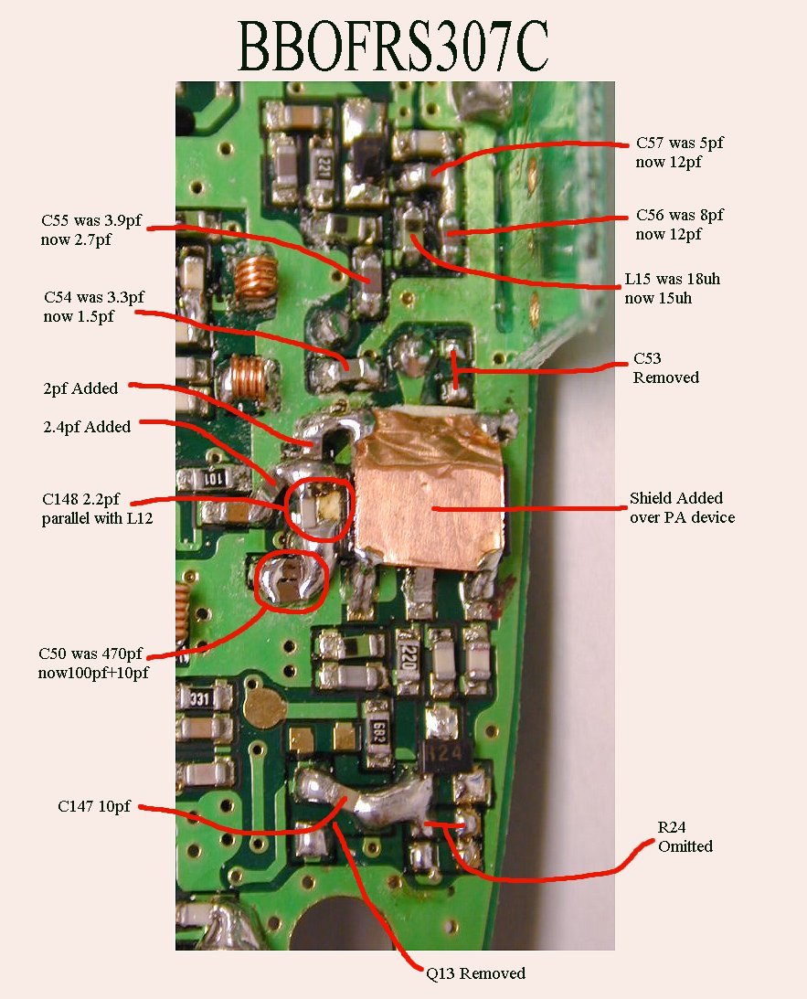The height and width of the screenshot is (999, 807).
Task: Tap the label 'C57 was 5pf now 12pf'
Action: coord(680,153)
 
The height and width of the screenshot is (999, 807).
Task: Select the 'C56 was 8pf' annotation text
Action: coord(680,225)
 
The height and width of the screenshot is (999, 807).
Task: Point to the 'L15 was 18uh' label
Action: coord(678,288)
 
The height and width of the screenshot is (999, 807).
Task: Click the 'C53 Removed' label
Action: coord(665,368)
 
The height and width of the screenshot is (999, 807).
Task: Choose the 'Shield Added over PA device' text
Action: coord(682,508)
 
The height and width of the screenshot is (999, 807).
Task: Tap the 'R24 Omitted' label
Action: coord(685,837)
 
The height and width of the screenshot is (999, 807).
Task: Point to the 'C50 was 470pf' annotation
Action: coord(91,663)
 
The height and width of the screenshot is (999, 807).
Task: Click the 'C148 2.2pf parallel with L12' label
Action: coord(97,510)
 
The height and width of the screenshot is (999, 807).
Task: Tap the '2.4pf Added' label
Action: coord(86,427)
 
